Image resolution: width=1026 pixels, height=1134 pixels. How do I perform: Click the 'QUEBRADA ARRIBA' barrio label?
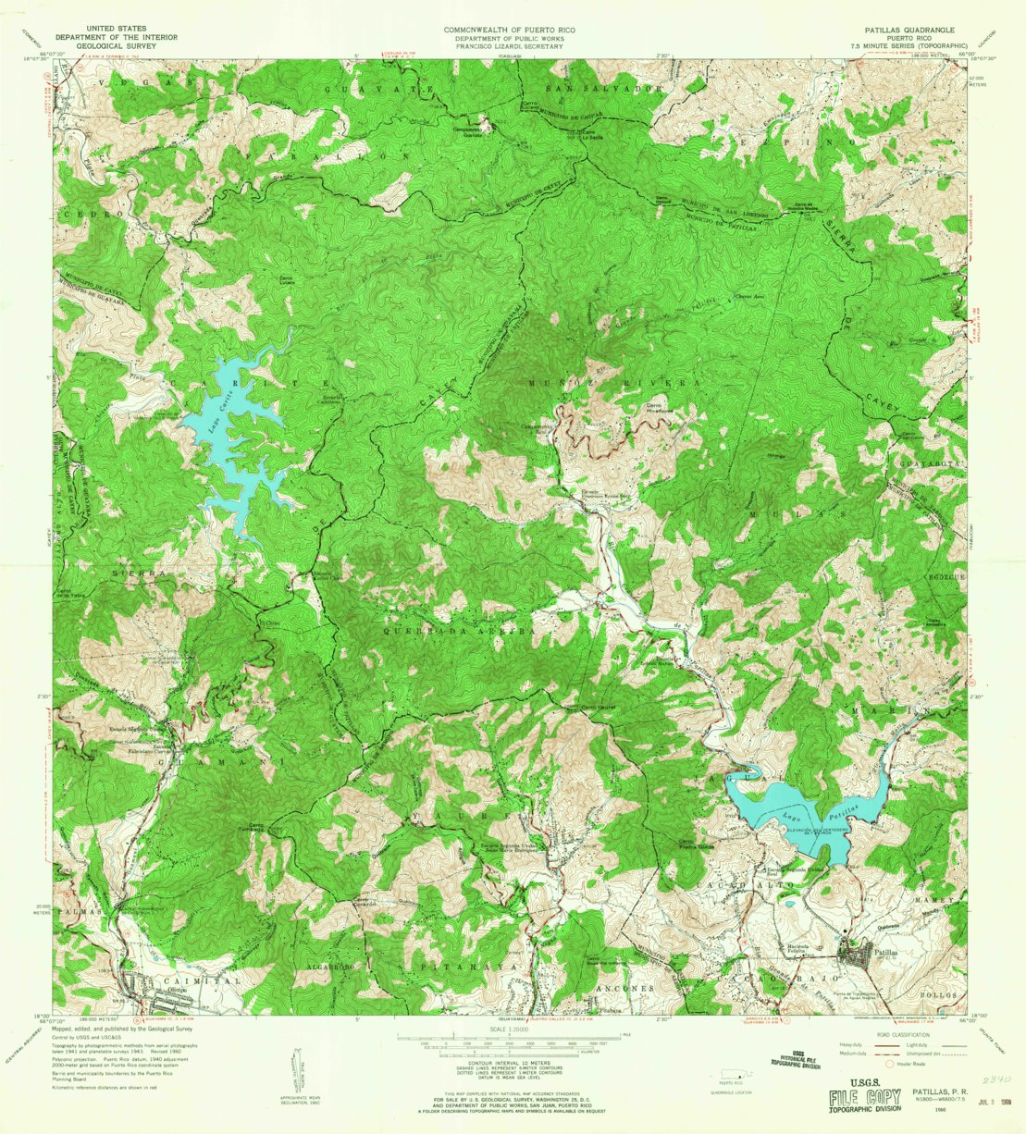[453, 627]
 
